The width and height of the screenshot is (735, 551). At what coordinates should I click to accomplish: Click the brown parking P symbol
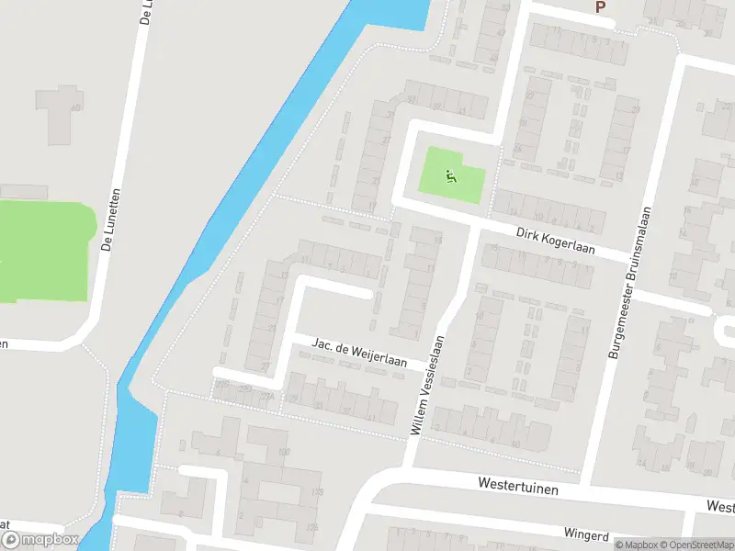(x=601, y=7)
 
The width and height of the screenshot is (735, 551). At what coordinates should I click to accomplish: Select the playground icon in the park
(x=450, y=175)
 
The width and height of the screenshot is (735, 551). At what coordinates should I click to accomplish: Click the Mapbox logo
(x=40, y=541)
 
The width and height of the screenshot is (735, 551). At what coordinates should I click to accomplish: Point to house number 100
(x=283, y=451)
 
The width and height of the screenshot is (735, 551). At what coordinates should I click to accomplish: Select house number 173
(x=318, y=493)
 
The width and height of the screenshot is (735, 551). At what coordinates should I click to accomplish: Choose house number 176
(x=312, y=526)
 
